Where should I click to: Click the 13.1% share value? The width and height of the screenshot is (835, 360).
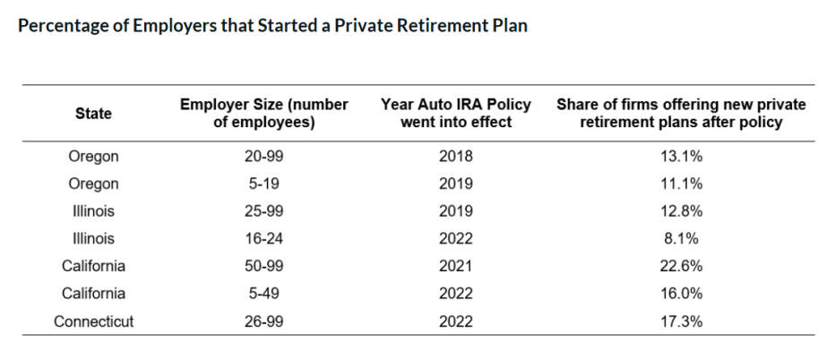click(x=682, y=157)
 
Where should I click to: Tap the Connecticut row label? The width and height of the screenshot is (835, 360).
click(x=94, y=321)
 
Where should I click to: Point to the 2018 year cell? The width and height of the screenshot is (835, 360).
click(x=457, y=157)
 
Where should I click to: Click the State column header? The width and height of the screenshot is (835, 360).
click(x=94, y=114)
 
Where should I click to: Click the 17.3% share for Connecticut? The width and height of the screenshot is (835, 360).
click(x=682, y=321)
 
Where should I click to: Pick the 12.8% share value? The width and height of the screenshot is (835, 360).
click(x=682, y=212)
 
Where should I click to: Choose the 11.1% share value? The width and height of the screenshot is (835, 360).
click(x=682, y=184)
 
